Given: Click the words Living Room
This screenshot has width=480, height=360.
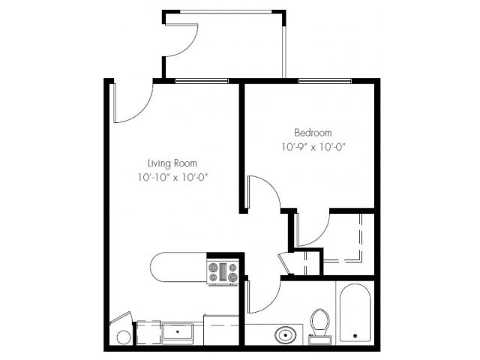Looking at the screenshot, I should (172, 162).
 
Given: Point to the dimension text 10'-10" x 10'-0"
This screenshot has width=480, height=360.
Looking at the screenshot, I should (172, 178).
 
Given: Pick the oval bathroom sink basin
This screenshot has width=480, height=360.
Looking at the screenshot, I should (286, 334).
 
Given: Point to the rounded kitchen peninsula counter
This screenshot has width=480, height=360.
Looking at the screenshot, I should (177, 268).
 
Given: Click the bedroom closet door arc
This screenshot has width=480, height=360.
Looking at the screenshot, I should (314, 229).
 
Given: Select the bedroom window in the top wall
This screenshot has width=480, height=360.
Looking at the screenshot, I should (328, 80).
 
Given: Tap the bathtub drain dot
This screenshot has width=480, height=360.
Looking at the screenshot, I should (354, 334).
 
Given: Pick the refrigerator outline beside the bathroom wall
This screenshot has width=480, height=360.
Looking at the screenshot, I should (222, 330).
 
